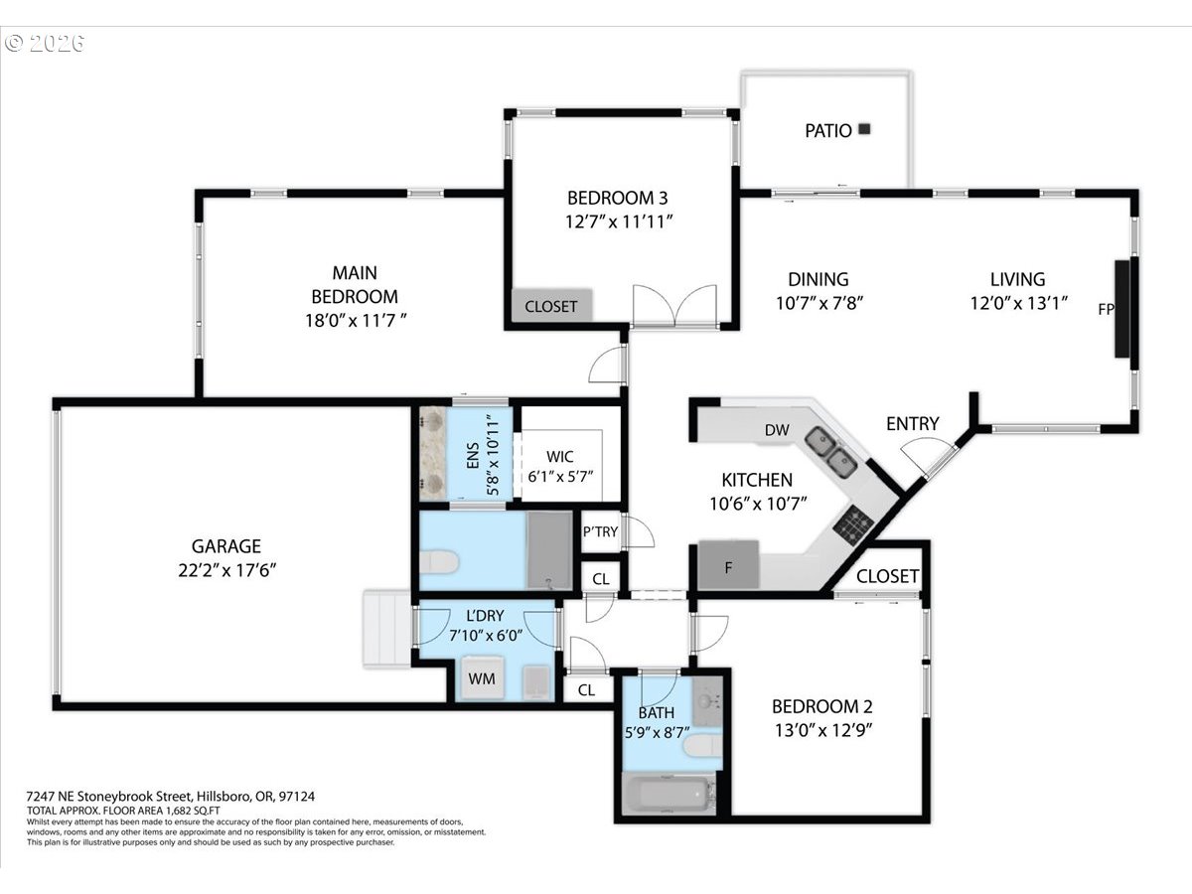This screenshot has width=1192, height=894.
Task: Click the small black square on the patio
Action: pyautogui.click(x=864, y=129)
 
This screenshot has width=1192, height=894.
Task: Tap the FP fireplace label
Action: pyautogui.click(x=1106, y=309)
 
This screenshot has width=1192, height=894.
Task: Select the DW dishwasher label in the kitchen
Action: pyautogui.click(x=777, y=430)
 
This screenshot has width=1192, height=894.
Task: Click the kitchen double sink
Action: pyautogui.click(x=831, y=452)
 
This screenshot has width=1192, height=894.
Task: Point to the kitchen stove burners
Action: pyautogui.click(x=853, y=524)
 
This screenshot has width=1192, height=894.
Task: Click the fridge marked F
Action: pyautogui.click(x=728, y=564)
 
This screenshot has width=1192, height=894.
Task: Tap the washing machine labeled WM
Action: pyautogui.click(x=482, y=678)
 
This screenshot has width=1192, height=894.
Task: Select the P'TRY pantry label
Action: pyautogui.click(x=600, y=532)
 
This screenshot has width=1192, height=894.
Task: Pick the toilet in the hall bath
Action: pyautogui.click(x=702, y=746)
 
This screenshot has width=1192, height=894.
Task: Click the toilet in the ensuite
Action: pyautogui.click(x=439, y=561)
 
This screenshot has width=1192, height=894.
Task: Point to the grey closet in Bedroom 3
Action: pyautogui.click(x=551, y=306)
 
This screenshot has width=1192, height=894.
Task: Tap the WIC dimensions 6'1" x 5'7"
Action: pyautogui.click(x=560, y=477)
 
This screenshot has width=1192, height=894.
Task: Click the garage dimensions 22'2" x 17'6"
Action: pyautogui.click(x=227, y=570)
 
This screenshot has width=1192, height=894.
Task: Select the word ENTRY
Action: pyautogui.click(x=912, y=423)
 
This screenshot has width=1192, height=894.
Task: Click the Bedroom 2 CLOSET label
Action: pyautogui.click(x=887, y=576)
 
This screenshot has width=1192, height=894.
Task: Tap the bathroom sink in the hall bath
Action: pyautogui.click(x=707, y=700)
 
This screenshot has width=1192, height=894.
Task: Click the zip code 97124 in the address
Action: pyautogui.click(x=296, y=797)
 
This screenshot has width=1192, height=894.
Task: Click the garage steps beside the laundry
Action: pyautogui.click(x=387, y=628)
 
